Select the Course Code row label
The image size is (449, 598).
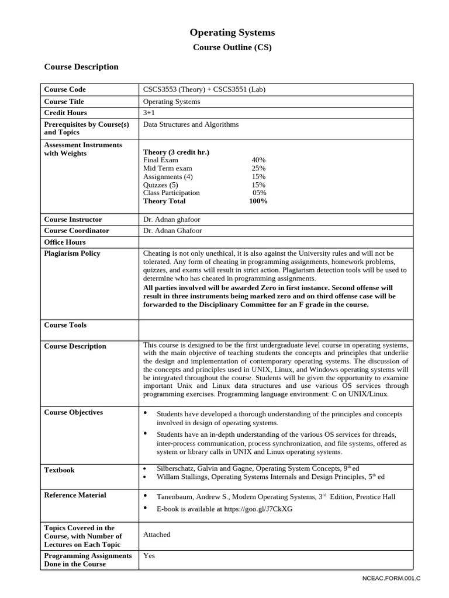coord(65,89)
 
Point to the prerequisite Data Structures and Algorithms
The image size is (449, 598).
coord(191,124)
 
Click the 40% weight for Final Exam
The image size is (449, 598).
coord(258,160)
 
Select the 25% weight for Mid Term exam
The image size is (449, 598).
coord(258,168)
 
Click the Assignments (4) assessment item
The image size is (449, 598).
coord(168,176)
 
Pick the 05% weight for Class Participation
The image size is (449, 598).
coord(259,193)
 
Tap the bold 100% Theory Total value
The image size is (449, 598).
coord(258,201)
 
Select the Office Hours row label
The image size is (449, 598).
coord(65,242)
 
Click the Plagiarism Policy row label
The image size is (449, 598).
coord(72,253)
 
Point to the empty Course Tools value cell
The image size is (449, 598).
coord(275,329)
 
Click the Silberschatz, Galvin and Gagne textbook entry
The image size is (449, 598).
coord(258,468)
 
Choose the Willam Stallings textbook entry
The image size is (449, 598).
coord(271,477)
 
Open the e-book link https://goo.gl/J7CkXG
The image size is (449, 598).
coord(224,509)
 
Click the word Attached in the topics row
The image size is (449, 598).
coord(157,534)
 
